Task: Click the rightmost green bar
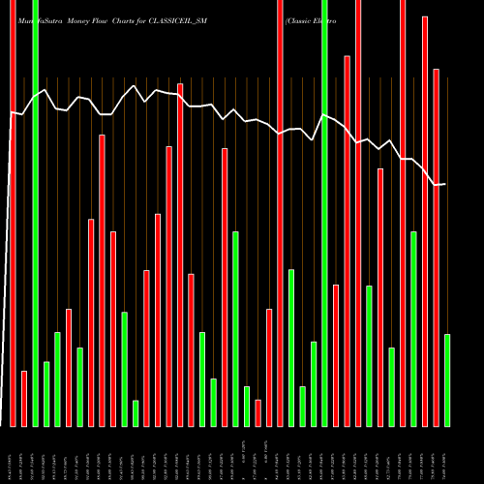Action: tap(447, 379)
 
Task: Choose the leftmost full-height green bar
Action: tap(35, 213)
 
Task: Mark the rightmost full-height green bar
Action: tap(324, 213)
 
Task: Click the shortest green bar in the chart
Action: tap(136, 413)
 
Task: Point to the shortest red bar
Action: tap(258, 413)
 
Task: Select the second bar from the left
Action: tap(24, 398)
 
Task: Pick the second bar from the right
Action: tap(437, 247)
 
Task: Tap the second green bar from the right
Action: tap(413, 329)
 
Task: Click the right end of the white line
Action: tap(444, 184)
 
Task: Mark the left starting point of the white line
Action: tap(11, 112)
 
